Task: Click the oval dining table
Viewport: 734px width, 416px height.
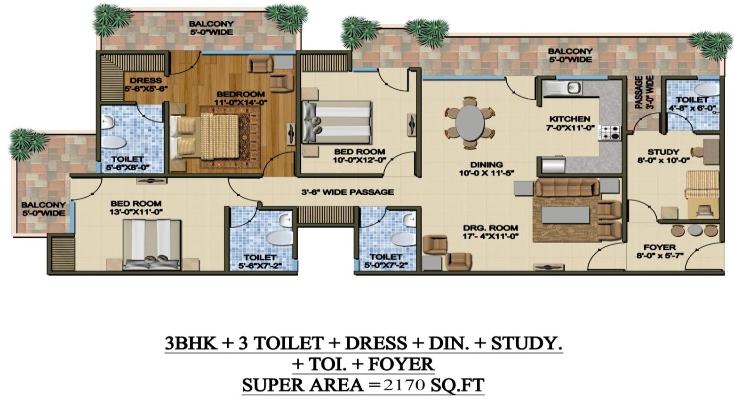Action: coord(470,122)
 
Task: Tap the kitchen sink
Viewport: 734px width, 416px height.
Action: coord(562,88)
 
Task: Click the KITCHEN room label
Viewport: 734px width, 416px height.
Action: coord(570,119)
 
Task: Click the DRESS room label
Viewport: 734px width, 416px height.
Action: coord(146,80)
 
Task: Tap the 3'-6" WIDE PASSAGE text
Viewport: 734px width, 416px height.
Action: coord(347,192)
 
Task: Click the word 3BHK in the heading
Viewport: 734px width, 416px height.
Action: coord(191,344)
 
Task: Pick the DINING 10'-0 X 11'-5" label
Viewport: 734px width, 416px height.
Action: coord(487,169)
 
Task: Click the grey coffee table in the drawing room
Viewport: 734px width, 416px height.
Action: coord(565,215)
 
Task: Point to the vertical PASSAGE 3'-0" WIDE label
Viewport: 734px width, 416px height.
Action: coord(644,92)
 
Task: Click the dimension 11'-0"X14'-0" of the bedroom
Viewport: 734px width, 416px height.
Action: coord(241,103)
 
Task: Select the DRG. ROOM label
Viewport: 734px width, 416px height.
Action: coord(491,228)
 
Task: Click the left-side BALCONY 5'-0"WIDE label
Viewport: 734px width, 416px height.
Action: coord(43,209)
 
